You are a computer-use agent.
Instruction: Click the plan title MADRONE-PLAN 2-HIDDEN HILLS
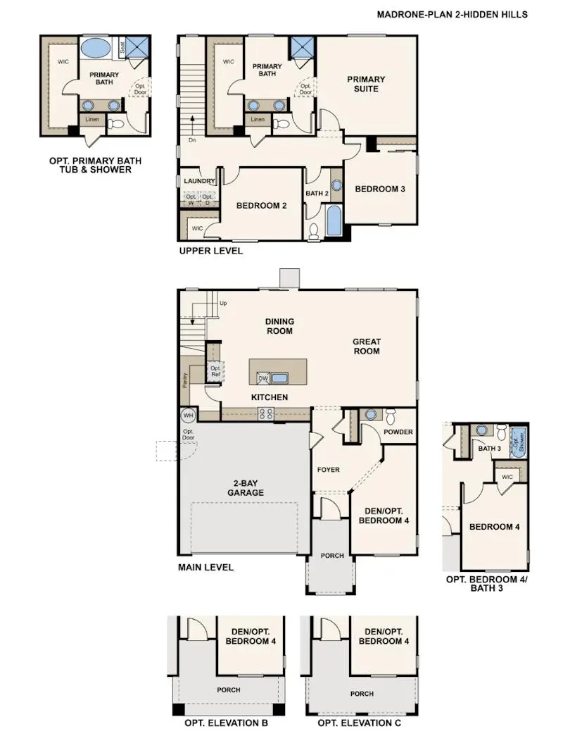pos(462,14)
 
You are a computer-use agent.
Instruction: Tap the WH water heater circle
pos(188,415)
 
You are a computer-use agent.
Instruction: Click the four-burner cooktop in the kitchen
pos(266,414)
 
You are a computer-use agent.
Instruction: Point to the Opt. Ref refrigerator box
pos(215,371)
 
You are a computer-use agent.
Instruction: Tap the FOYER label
pos(328,470)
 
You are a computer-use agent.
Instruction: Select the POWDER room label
pos(398,432)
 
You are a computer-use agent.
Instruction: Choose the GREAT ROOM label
pos(367,347)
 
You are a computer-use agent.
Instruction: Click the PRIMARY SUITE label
pos(366,84)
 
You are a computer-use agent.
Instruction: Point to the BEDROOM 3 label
pos(379,189)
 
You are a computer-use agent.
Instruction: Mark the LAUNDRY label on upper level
pos(199,181)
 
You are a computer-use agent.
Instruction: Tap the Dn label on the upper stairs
pos(191,140)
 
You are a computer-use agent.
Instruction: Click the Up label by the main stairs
pos(224,304)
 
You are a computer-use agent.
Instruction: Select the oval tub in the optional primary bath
pos(95,49)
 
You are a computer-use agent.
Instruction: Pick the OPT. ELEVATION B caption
pos(227,723)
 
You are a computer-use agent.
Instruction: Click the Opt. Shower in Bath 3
pos(518,443)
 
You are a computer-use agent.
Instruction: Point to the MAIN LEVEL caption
pos(206,567)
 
